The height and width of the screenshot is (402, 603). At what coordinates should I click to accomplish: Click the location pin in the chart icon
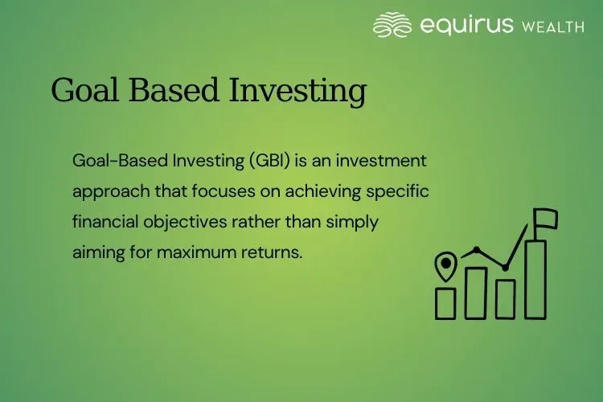click(x=445, y=265)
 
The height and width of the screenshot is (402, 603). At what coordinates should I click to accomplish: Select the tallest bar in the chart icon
click(x=535, y=277)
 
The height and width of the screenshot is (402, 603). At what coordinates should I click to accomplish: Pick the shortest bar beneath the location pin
click(x=445, y=302)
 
